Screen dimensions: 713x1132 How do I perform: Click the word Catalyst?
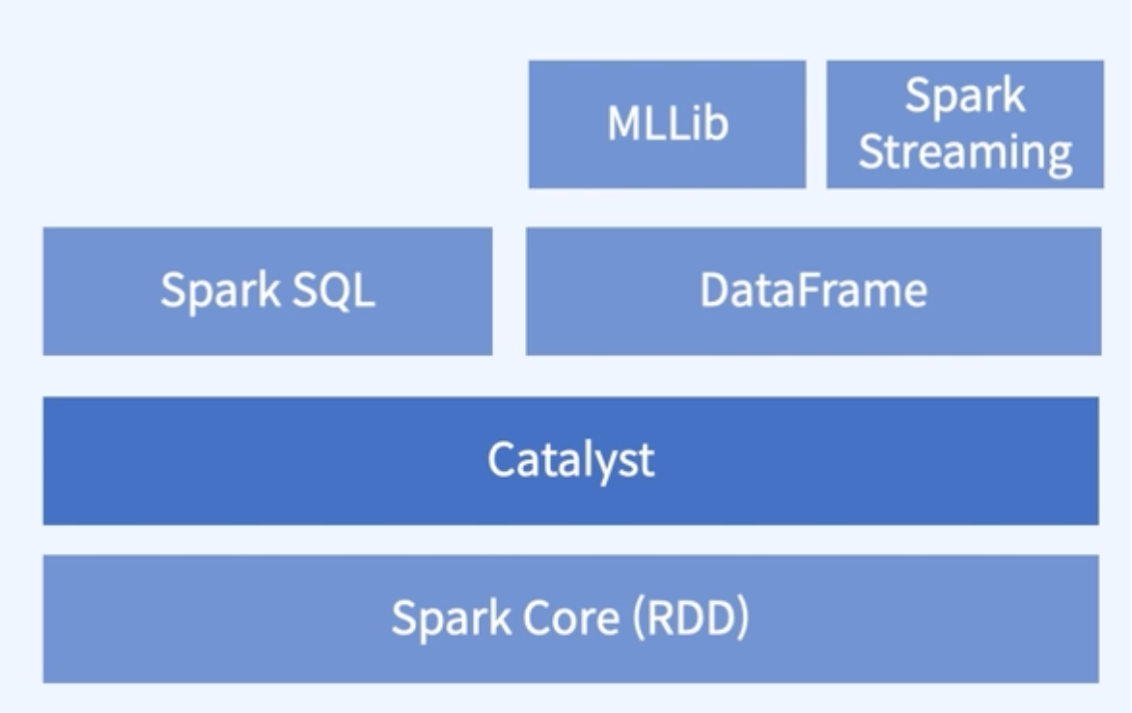570,459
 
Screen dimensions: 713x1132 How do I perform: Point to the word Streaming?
965,152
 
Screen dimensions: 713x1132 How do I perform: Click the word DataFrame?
813,290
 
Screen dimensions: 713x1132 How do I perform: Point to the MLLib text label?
667,123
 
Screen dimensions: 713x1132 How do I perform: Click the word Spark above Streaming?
964,96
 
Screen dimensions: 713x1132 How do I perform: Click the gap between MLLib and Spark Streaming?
816,124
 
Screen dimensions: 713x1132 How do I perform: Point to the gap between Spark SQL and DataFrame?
509,290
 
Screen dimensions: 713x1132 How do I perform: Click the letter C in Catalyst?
500,459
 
